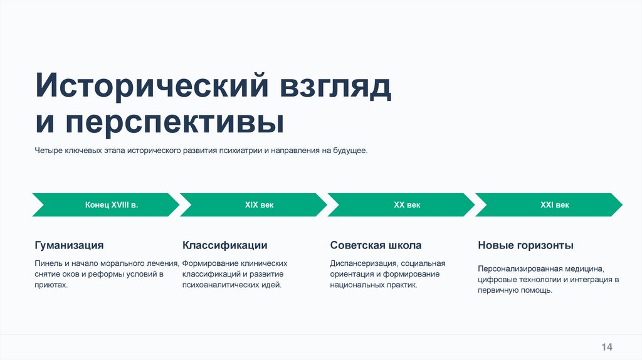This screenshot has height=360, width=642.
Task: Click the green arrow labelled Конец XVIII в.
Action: [107, 205]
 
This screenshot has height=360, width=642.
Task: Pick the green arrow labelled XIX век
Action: [254, 205]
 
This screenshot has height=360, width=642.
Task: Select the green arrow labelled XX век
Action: [401, 205]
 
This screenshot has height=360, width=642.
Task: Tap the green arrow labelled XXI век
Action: [549, 205]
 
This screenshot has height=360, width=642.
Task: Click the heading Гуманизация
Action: [69, 245]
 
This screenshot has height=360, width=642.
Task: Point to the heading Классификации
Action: [225, 245]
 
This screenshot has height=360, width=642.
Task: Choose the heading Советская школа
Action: [376, 245]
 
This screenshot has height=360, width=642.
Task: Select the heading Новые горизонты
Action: [525, 245]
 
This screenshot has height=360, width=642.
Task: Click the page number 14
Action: [607, 347]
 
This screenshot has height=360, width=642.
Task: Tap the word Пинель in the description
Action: [48, 263]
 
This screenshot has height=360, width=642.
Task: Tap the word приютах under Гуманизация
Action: [50, 285]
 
